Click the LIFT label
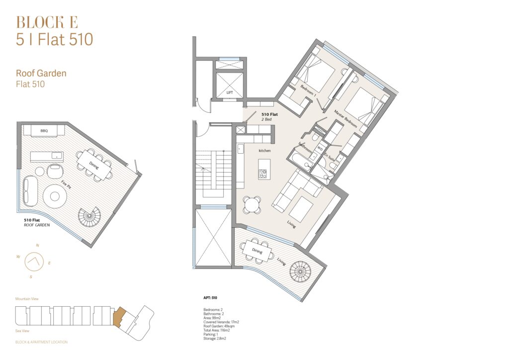(230, 92)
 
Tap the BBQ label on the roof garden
(44, 131)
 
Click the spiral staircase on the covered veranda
(301, 270)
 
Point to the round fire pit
(55, 196)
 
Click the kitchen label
(264, 151)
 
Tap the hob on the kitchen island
(262, 175)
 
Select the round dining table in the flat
(252, 205)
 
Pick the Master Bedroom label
(346, 119)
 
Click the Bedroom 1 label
(308, 91)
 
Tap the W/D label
(320, 149)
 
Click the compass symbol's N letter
(38, 246)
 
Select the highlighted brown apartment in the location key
(118, 317)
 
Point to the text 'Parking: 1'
(211, 334)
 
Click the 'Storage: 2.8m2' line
(215, 339)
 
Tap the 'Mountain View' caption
(27, 299)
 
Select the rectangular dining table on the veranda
(257, 250)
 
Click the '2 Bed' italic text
(266, 119)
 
